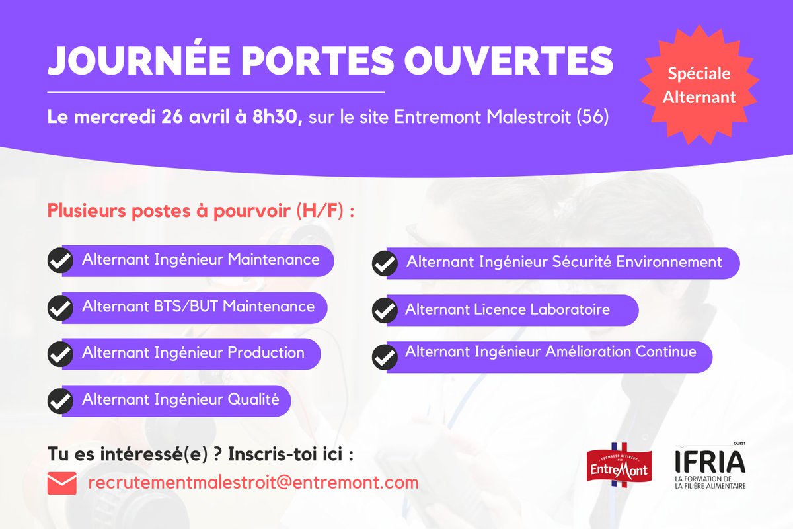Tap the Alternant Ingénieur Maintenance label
pyautogui.click(x=200, y=260)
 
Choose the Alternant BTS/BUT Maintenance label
pyautogui.click(x=198, y=307)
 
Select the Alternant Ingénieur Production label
pyautogui.click(x=193, y=353)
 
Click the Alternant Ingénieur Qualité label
pyautogui.click(x=180, y=399)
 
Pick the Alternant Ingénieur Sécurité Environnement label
pyautogui.click(x=564, y=262)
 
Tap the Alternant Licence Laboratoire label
pyautogui.click(x=507, y=309)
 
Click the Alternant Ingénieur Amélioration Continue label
pyautogui.click(x=550, y=352)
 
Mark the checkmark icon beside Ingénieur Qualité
pyautogui.click(x=60, y=401)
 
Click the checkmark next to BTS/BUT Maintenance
pyautogui.click(x=60, y=308)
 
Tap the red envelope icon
pyautogui.click(x=62, y=483)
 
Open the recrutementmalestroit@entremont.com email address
pyautogui.click(x=253, y=483)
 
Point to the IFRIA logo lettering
pyautogui.click(x=710, y=462)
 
